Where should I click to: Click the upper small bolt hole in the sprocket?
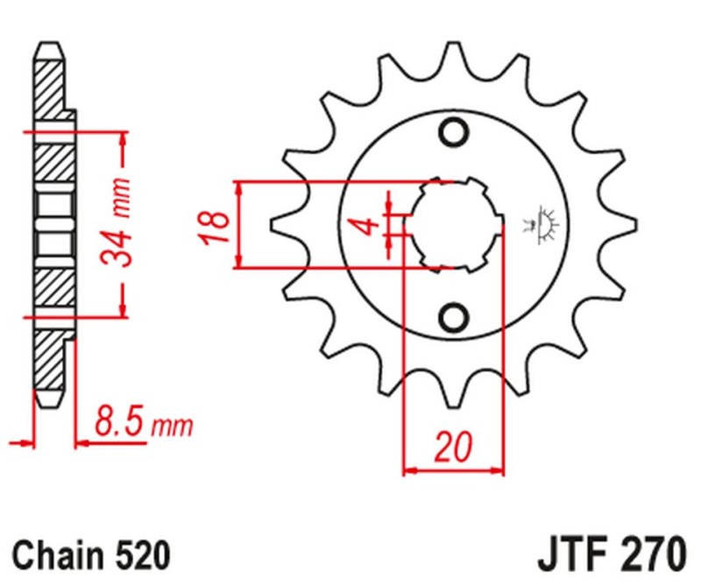[455, 132]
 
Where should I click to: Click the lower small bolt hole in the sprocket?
[455, 316]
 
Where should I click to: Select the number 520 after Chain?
[138, 554]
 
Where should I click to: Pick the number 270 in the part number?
[648, 554]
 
